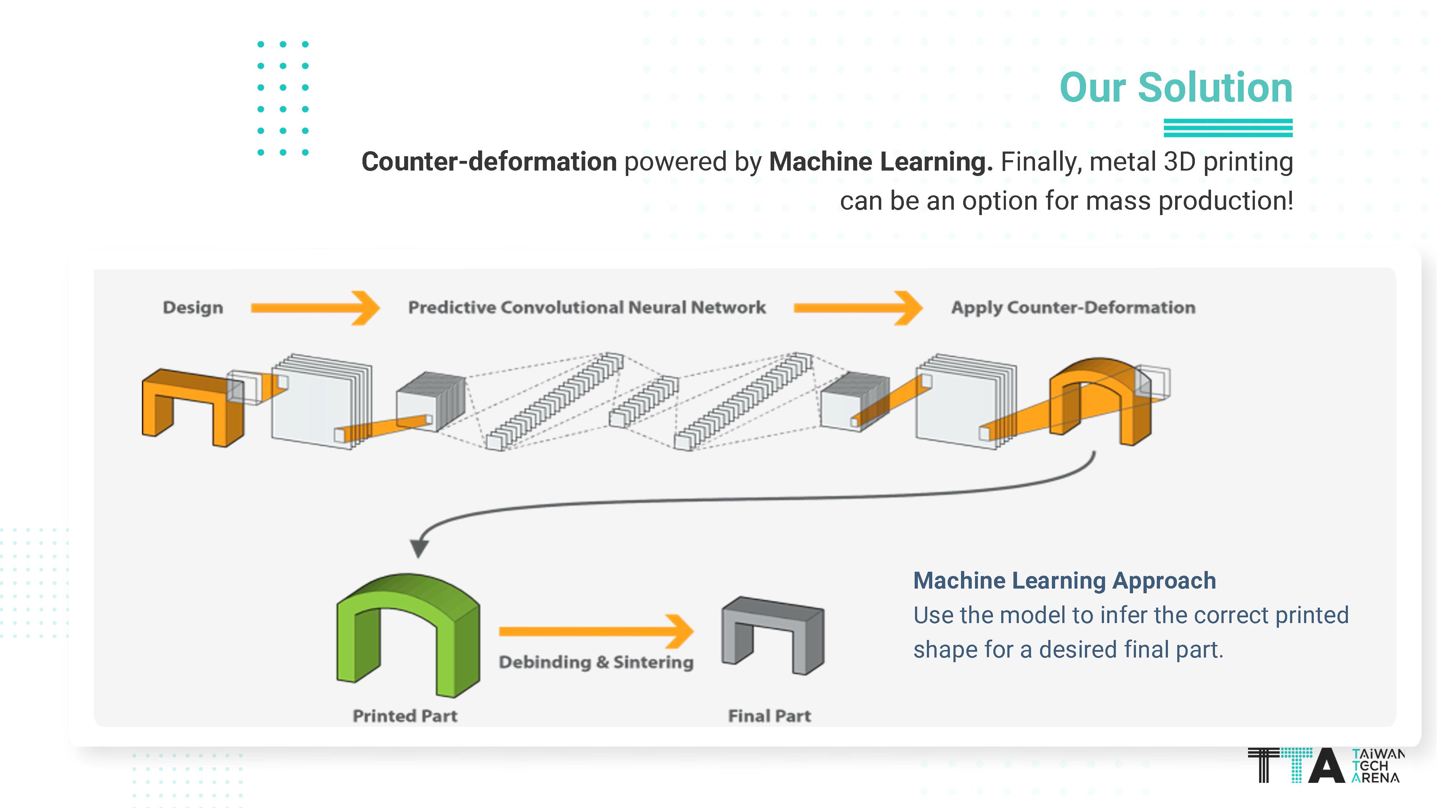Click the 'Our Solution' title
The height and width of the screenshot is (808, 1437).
click(x=1175, y=88)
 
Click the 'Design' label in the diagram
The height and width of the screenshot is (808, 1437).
click(x=193, y=308)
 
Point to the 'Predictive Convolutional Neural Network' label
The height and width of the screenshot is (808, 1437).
click(x=587, y=308)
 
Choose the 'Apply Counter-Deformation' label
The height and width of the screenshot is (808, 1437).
click(x=1073, y=308)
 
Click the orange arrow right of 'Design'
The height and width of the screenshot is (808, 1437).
click(x=315, y=308)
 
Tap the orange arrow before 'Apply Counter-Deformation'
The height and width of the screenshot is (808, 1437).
click(x=858, y=308)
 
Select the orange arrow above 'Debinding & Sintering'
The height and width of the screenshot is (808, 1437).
click(x=596, y=631)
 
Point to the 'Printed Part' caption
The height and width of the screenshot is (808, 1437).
click(x=405, y=716)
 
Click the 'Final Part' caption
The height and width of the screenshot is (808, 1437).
click(x=769, y=716)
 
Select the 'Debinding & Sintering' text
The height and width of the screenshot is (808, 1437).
click(x=596, y=663)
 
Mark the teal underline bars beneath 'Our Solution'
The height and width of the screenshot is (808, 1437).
click(x=1228, y=128)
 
